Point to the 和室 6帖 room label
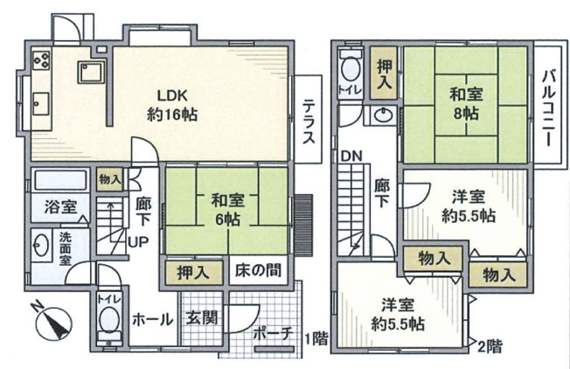pyautogui.click(x=227, y=210)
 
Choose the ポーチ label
pyautogui.click(x=270, y=333)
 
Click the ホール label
pyautogui.click(x=151, y=319)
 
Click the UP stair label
pyautogui.click(x=138, y=241)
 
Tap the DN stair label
pyautogui.click(x=351, y=157)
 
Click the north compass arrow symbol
pyautogui.click(x=54, y=324)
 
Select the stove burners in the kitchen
pyautogui.click(x=40, y=60)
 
